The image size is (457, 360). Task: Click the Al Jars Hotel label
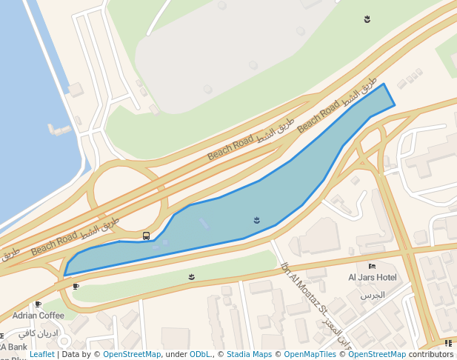click(x=373, y=278)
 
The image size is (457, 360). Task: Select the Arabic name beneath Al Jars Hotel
click(x=373, y=295)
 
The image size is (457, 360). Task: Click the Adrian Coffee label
click(x=39, y=315)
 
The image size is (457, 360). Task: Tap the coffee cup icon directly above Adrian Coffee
click(x=38, y=304)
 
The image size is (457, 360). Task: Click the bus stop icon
click(x=146, y=236)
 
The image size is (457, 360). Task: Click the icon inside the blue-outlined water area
click(x=257, y=220)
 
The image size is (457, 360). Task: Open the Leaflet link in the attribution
click(x=42, y=355)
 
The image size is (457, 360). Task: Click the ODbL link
click(x=200, y=355)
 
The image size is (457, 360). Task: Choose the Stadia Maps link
click(x=250, y=355)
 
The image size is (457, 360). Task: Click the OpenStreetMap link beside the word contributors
click(x=377, y=355)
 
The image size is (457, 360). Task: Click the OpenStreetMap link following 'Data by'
click(x=132, y=355)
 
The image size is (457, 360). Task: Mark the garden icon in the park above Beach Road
click(x=367, y=19)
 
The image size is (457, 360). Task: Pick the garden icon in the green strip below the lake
click(x=191, y=277)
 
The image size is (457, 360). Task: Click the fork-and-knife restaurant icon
click(x=449, y=343)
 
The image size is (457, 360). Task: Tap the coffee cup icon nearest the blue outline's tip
click(x=76, y=286)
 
